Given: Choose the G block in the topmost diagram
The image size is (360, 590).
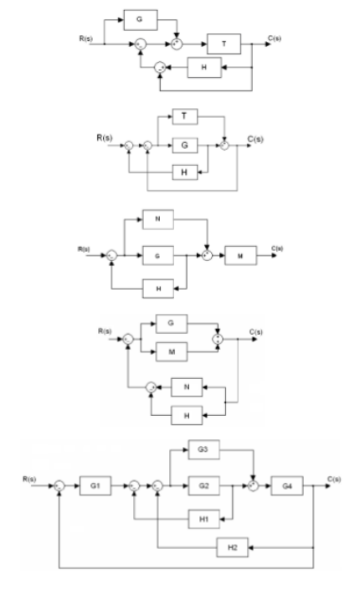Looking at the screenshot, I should tap(139, 16).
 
